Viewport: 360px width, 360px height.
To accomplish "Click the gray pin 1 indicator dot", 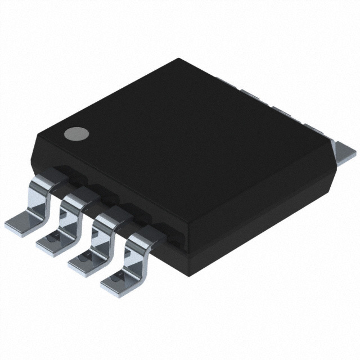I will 76,133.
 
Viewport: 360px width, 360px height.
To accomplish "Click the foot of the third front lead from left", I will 84,262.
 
